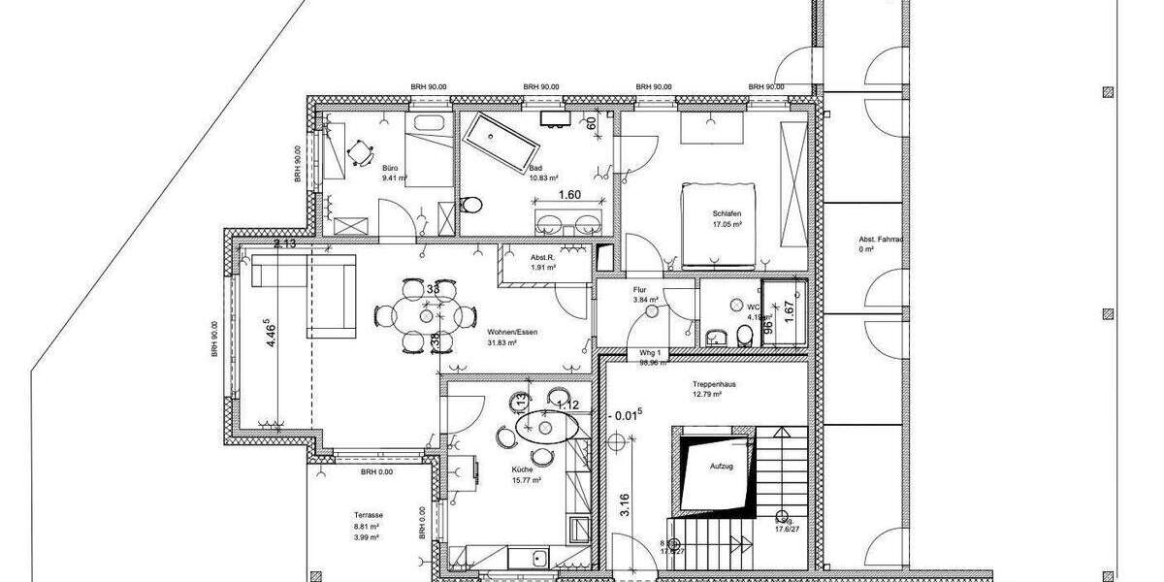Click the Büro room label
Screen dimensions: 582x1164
click(x=391, y=167)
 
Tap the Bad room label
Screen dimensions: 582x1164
click(x=536, y=167)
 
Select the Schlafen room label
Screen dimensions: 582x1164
click(x=727, y=213)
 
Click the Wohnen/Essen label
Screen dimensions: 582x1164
click(x=513, y=331)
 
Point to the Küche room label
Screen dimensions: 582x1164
click(x=523, y=469)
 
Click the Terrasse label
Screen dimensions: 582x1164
click(x=369, y=516)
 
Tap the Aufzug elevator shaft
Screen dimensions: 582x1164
click(x=718, y=470)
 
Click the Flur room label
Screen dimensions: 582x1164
click(x=639, y=288)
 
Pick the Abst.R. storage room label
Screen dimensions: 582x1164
click(x=541, y=257)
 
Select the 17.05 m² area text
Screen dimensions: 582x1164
click(x=727, y=224)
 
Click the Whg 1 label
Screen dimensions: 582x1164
click(x=650, y=353)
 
